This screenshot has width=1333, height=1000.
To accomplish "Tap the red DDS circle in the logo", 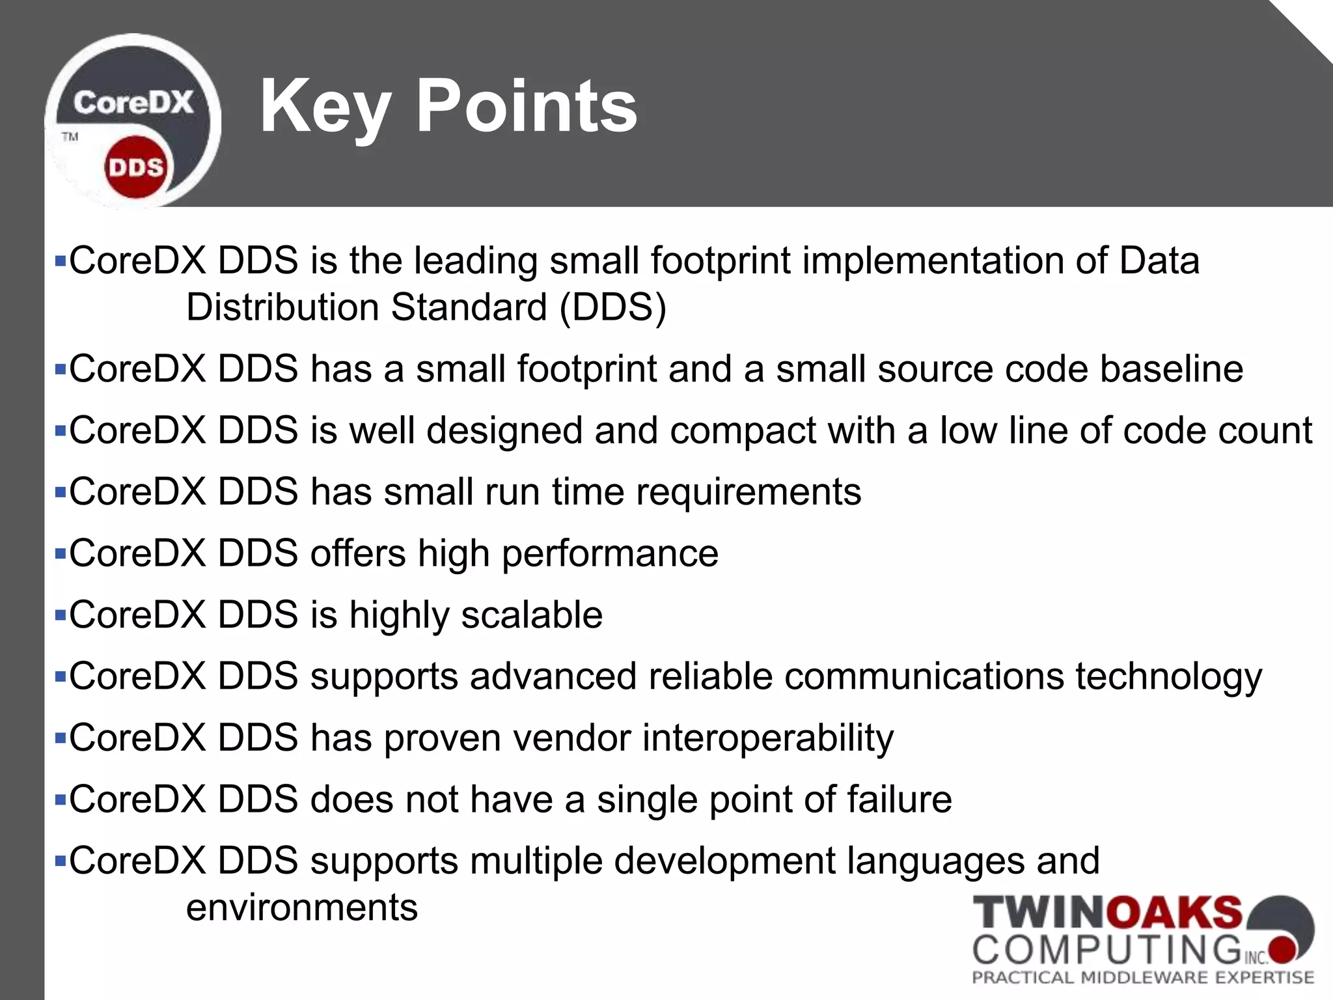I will click(135, 168).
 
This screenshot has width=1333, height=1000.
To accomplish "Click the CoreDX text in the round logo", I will click(133, 103).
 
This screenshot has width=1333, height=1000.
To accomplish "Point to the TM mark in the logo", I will click(70, 137).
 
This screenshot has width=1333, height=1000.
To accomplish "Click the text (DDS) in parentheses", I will click(613, 307).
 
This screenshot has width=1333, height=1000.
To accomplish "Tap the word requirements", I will click(749, 492).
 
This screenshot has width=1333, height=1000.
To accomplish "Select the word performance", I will click(610, 554).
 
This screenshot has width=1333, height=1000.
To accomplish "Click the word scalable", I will click(532, 615).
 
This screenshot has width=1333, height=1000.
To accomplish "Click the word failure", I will click(898, 799).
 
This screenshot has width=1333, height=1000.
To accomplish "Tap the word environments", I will click(302, 908).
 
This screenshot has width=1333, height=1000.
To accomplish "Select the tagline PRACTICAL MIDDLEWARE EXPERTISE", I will click(1143, 977).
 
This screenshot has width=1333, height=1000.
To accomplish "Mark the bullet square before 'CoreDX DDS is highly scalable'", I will click(61, 615).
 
